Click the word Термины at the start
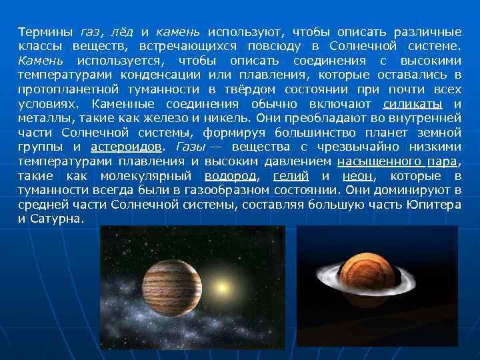(46, 32)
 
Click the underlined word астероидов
(125, 147)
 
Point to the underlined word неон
(357, 176)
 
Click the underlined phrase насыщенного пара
(398, 161)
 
